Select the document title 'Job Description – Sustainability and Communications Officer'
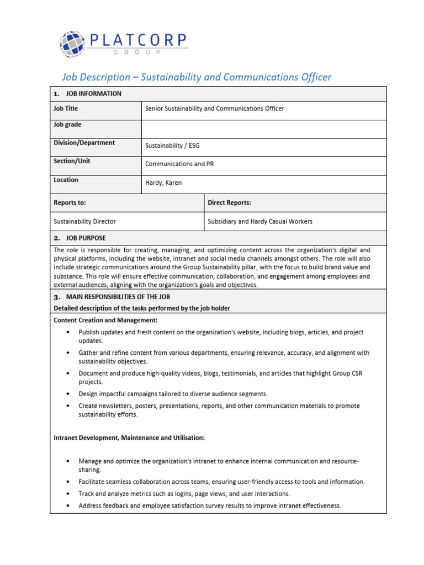tap(197, 77)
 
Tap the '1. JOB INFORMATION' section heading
tap(88, 94)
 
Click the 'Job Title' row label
tap(66, 109)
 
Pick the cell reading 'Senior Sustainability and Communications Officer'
tap(215, 109)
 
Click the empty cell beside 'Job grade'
tap(264, 129)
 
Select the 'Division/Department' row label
tap(84, 143)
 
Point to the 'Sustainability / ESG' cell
tap(173, 146)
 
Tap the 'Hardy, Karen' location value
tap(163, 183)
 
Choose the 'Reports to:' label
tap(70, 202)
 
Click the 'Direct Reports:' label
tap(229, 202)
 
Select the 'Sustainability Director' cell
tap(84, 221)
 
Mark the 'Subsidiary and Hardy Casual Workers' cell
tap(259, 221)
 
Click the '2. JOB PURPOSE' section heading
tap(80, 238)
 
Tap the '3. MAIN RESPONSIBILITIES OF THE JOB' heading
tap(116, 297)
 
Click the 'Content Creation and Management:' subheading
tap(105, 320)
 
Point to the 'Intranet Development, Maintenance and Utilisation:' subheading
tap(129, 438)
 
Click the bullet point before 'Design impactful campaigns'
tap(67, 394)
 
